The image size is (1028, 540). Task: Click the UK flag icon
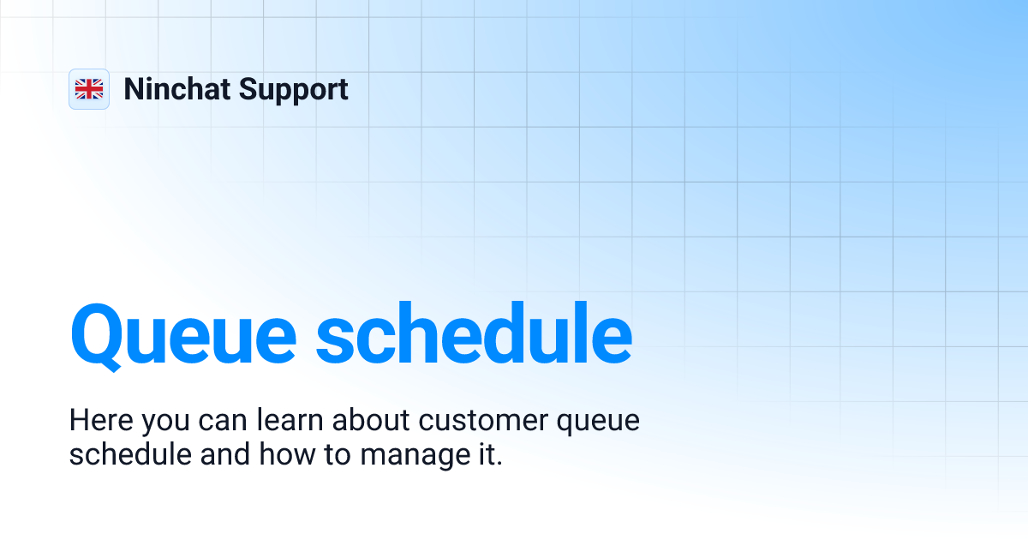click(89, 89)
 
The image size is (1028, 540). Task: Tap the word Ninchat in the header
click(176, 89)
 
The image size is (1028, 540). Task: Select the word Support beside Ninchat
click(294, 89)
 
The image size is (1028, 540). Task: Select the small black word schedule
click(130, 454)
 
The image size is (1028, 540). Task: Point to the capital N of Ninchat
click(134, 89)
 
